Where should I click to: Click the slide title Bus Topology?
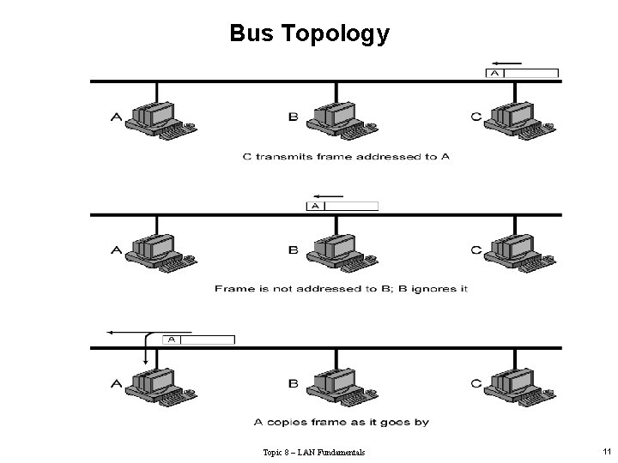coord(309,33)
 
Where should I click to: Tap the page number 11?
coord(606,451)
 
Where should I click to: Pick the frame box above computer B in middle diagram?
coord(342,206)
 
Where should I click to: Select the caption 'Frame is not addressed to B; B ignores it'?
coord(341,289)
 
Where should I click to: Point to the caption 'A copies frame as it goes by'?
coord(342,422)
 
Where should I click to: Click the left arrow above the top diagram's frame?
coord(507,63)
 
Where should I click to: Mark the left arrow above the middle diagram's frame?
coord(329,195)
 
